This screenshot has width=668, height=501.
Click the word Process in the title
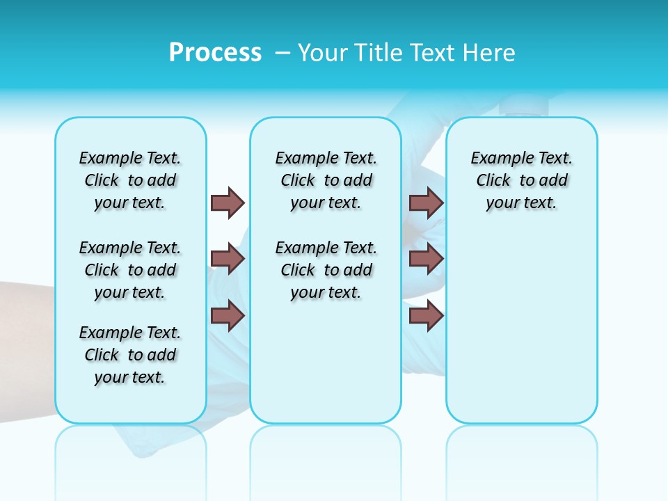tap(215, 53)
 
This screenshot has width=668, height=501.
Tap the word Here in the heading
tap(490, 53)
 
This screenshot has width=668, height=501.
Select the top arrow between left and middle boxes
tap(227, 202)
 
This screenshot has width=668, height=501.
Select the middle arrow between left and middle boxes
tap(227, 259)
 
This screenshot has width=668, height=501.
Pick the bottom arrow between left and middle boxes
tap(227, 316)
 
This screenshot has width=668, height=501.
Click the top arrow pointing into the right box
tap(426, 202)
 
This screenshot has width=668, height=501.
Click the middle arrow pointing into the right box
tap(426, 259)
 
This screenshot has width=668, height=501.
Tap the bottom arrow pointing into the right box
tap(426, 316)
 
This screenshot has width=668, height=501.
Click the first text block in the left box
tap(130, 180)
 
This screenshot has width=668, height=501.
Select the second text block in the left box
tap(130, 270)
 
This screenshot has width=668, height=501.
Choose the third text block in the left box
tap(130, 355)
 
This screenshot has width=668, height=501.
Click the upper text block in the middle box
tap(326, 180)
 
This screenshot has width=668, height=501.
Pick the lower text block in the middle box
tap(326, 270)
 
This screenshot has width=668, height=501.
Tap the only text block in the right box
tap(521, 180)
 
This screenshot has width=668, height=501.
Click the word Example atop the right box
tap(495, 158)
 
